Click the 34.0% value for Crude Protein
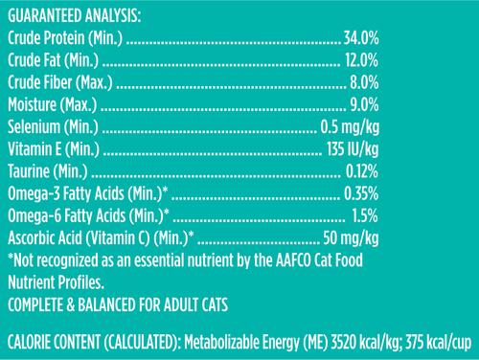[361, 39]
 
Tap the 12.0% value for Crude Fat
[362, 61]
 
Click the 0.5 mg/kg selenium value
[350, 127]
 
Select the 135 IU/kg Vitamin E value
[349, 149]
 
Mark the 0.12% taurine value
[362, 171]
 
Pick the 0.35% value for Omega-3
[361, 193]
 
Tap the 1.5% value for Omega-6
[366, 215]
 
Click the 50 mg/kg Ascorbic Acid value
[351, 237]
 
